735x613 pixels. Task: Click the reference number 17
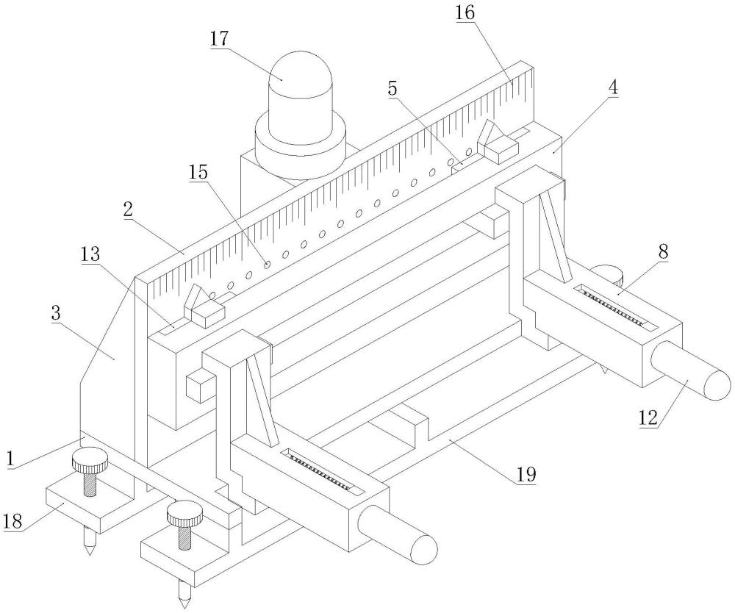click(x=220, y=38)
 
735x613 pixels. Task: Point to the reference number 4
click(x=612, y=87)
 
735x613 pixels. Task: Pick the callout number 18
click(x=14, y=520)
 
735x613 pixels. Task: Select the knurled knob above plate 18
click(x=90, y=463)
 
